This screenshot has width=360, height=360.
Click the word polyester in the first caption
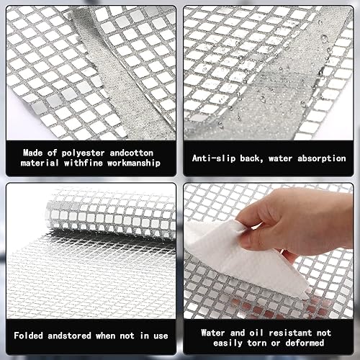(x=83, y=153)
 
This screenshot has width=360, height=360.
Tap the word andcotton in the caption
(x=132, y=153)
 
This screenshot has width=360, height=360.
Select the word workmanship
(x=134, y=163)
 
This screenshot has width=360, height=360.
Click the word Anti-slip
(x=214, y=158)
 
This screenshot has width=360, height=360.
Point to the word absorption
(x=322, y=158)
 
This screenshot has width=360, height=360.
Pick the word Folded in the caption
(x=28, y=336)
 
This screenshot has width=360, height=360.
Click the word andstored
(x=69, y=336)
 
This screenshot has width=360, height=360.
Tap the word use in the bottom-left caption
(x=161, y=336)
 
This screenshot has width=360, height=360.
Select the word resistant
(x=290, y=333)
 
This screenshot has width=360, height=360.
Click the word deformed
(x=305, y=343)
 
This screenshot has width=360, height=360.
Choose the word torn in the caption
(x=256, y=343)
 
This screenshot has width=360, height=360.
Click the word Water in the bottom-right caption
(x=213, y=333)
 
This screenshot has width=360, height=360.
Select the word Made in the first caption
(x=33, y=153)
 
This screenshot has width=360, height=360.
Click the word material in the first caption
(x=40, y=163)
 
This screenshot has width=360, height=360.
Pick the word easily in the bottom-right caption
(x=228, y=343)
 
